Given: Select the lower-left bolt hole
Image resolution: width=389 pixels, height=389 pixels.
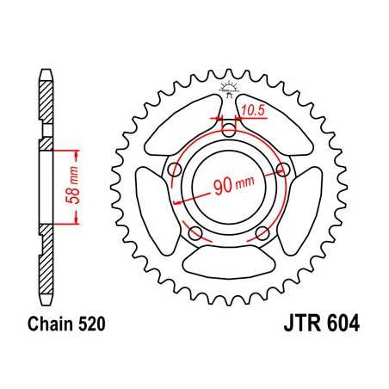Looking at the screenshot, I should (x=194, y=232).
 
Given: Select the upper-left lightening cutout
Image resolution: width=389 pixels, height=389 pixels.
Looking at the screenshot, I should (x=179, y=125).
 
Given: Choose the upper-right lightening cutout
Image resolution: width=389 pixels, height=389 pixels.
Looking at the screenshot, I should (x=277, y=125).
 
